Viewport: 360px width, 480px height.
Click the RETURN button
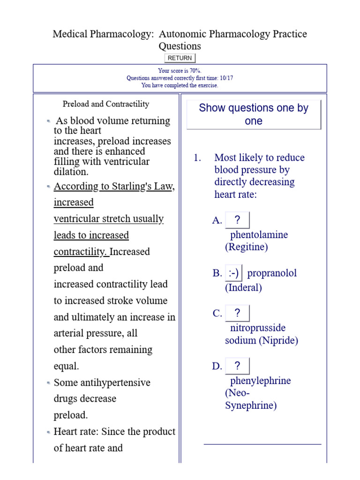click(180, 58)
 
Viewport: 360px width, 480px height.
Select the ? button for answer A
click(237, 220)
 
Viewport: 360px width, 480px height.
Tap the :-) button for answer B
click(233, 273)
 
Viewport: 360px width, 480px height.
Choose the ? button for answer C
click(237, 314)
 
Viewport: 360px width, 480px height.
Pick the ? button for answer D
click(237, 366)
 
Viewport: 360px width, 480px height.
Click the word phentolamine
click(259, 235)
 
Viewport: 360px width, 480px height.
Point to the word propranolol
click(272, 273)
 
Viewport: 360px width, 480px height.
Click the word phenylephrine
click(261, 381)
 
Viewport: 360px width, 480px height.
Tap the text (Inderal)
click(243, 288)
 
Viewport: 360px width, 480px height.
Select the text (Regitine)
click(247, 247)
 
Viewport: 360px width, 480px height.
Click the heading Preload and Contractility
click(106, 104)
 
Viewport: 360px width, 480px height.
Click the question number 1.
click(197, 158)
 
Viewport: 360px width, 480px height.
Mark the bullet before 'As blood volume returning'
click(49, 121)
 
